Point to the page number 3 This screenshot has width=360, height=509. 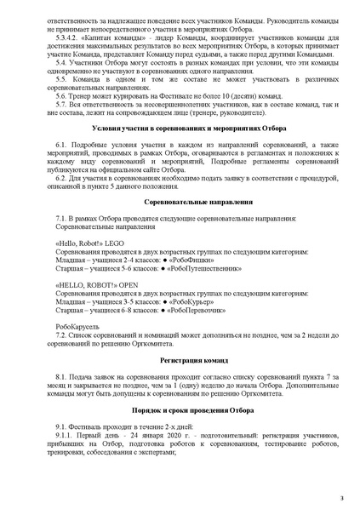click(x=341, y=496)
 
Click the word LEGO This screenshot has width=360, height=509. click(x=114, y=243)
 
